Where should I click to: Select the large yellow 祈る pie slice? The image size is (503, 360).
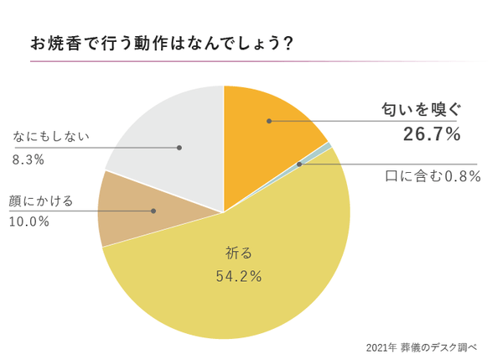[x=251, y=285]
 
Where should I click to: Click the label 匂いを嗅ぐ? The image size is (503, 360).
[x=417, y=110]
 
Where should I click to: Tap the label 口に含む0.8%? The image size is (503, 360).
[x=433, y=175]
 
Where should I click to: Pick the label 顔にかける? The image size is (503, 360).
[x=43, y=201]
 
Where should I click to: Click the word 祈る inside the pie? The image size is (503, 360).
[x=239, y=251]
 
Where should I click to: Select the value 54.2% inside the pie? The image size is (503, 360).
[x=238, y=274]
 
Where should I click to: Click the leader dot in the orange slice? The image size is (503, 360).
[x=268, y=121]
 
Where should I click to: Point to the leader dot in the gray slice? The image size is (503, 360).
[x=179, y=148]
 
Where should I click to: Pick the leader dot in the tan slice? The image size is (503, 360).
[x=153, y=211]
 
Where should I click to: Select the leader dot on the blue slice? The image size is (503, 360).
[x=300, y=164]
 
